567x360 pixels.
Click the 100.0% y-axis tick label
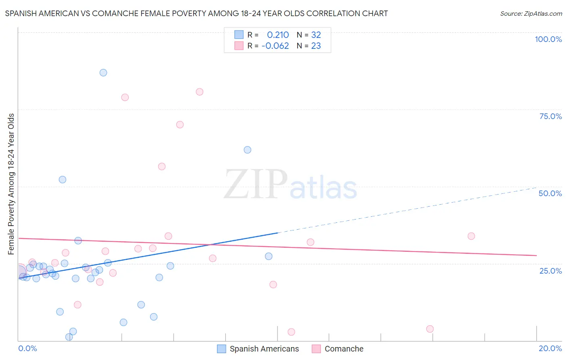point(548,39)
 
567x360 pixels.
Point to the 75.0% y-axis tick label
point(550,116)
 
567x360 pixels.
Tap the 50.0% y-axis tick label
point(550,193)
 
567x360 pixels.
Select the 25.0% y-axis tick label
point(550,271)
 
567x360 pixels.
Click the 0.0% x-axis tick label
point(27,348)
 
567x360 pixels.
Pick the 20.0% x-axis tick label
point(550,348)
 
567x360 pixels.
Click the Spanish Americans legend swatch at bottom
point(221,349)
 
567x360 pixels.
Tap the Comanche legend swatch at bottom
point(316,349)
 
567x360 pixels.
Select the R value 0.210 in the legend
point(278,35)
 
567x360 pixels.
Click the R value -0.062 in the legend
point(275,46)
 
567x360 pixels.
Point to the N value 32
point(316,35)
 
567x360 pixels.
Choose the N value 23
point(316,46)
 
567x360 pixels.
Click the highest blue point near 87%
point(103,73)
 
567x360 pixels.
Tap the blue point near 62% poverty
point(248,150)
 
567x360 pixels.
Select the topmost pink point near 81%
point(200,92)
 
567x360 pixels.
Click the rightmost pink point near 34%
point(471,236)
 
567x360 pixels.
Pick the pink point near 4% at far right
point(430,329)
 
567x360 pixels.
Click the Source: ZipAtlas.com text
point(531,14)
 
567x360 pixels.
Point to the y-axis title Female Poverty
point(11,184)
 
